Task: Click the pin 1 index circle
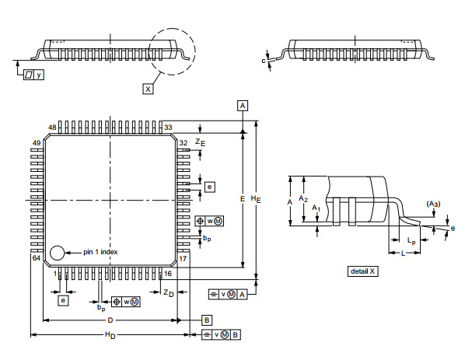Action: (57, 253)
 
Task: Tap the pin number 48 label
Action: (52, 128)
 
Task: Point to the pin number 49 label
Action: (37, 143)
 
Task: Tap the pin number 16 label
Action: (166, 274)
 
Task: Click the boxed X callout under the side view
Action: (148, 89)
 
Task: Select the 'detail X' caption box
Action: (362, 271)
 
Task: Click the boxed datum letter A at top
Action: (243, 105)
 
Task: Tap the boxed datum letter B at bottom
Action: (207, 320)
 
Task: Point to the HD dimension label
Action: (110, 335)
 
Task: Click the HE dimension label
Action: (257, 200)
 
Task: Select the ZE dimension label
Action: (200, 143)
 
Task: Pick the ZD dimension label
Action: (168, 292)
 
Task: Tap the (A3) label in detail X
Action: (433, 204)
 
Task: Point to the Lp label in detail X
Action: (411, 242)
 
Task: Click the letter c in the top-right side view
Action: (264, 60)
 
